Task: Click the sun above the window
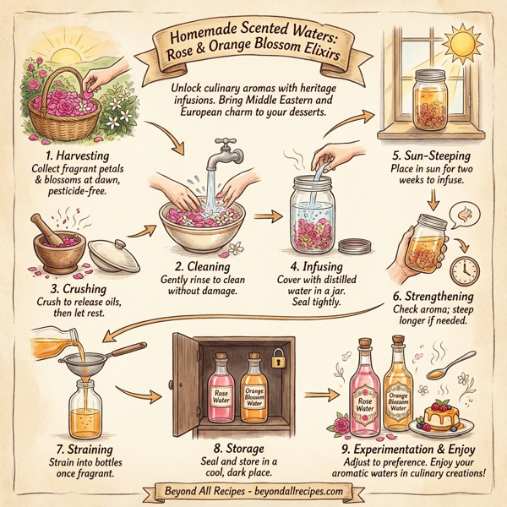[463, 40]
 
